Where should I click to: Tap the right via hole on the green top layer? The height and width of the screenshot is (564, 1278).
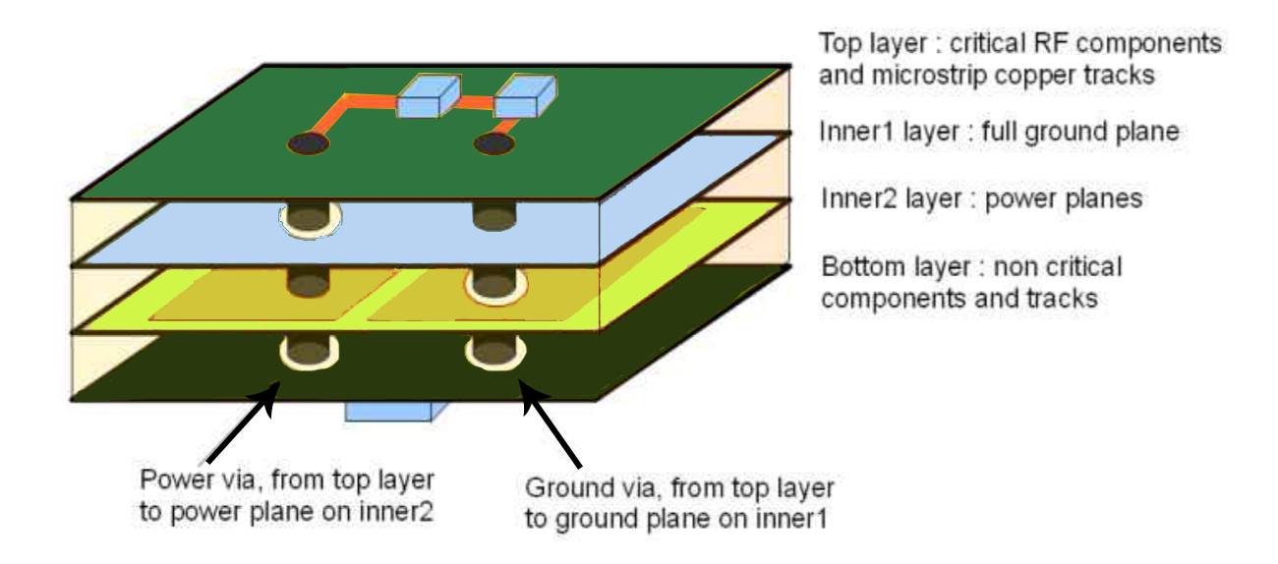point(494,145)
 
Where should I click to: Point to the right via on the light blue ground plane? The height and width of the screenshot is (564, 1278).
point(494,217)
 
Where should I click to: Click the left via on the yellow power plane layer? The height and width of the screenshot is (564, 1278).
point(308,283)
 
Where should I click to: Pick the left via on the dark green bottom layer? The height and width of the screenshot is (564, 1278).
point(308,350)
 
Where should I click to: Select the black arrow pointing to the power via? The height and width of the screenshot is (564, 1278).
point(242,423)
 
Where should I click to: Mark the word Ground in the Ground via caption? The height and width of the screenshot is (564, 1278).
point(564,488)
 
